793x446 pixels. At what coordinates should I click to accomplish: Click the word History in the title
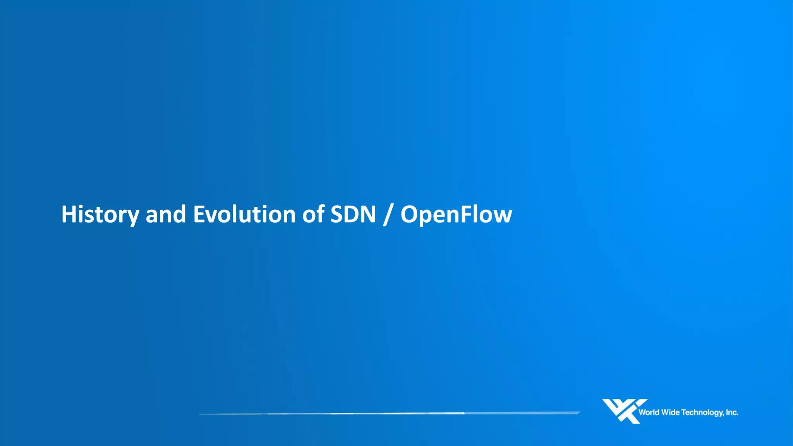(x=100, y=214)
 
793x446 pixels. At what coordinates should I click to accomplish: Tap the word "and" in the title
(x=166, y=214)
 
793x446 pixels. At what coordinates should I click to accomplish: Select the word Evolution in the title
(x=244, y=214)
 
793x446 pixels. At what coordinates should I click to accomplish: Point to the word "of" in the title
(x=313, y=214)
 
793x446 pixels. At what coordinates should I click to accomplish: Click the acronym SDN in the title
(x=353, y=214)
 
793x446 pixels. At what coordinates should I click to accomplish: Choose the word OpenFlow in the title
(x=456, y=214)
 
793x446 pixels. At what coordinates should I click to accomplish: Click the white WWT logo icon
(x=624, y=411)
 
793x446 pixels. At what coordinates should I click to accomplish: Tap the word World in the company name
(x=649, y=413)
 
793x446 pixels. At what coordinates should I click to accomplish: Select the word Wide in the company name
(x=670, y=413)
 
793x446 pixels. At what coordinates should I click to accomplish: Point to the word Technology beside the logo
(x=702, y=413)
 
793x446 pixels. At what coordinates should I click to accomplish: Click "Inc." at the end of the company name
(x=732, y=413)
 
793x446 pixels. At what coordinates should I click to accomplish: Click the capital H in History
(x=68, y=214)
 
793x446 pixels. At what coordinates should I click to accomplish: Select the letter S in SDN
(x=336, y=214)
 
